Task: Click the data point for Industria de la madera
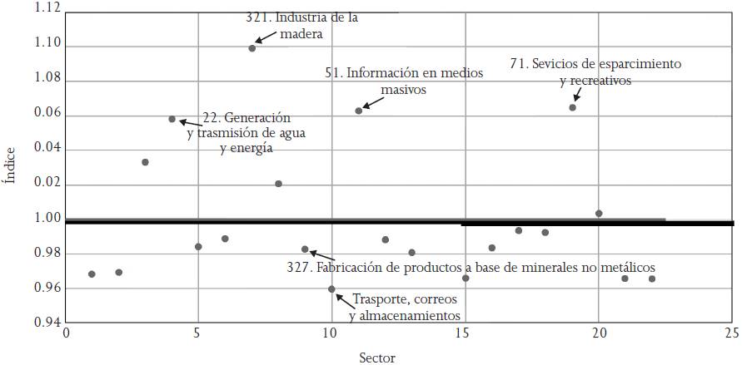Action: (252, 48)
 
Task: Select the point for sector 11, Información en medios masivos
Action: (359, 111)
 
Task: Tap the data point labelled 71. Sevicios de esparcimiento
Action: (573, 107)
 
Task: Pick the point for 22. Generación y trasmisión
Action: (172, 120)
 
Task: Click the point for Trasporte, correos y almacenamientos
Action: (332, 289)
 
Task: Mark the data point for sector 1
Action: (92, 274)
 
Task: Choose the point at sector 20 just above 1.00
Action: (599, 214)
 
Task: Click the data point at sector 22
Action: (652, 279)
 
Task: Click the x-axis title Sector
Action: (377, 358)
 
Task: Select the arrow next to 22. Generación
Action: (187, 122)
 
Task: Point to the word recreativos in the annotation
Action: (596, 81)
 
